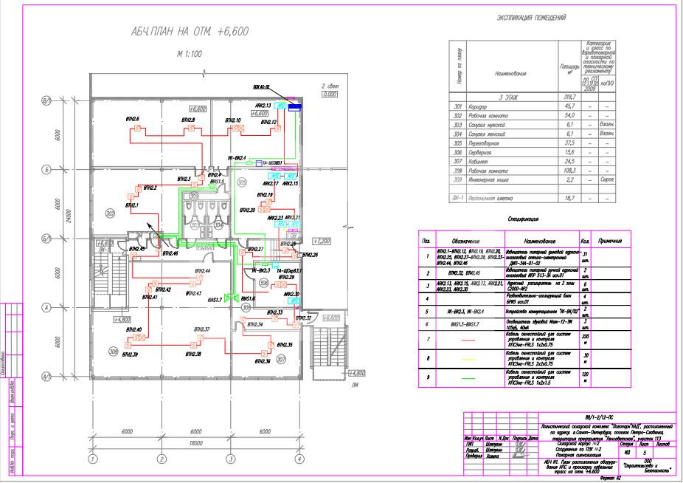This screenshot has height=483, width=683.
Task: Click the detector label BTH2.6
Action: [x=133, y=119]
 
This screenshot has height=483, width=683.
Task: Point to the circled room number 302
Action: [x=110, y=213]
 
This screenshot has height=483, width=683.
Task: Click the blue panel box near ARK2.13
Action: [x=294, y=108]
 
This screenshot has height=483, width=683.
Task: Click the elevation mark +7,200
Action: [x=322, y=241]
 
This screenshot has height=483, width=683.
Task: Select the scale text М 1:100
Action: [x=190, y=54]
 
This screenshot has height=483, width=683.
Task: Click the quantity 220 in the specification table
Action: [x=584, y=339]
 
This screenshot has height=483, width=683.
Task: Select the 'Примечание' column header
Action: [x=612, y=241]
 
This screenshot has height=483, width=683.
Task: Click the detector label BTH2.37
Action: [x=202, y=329]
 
